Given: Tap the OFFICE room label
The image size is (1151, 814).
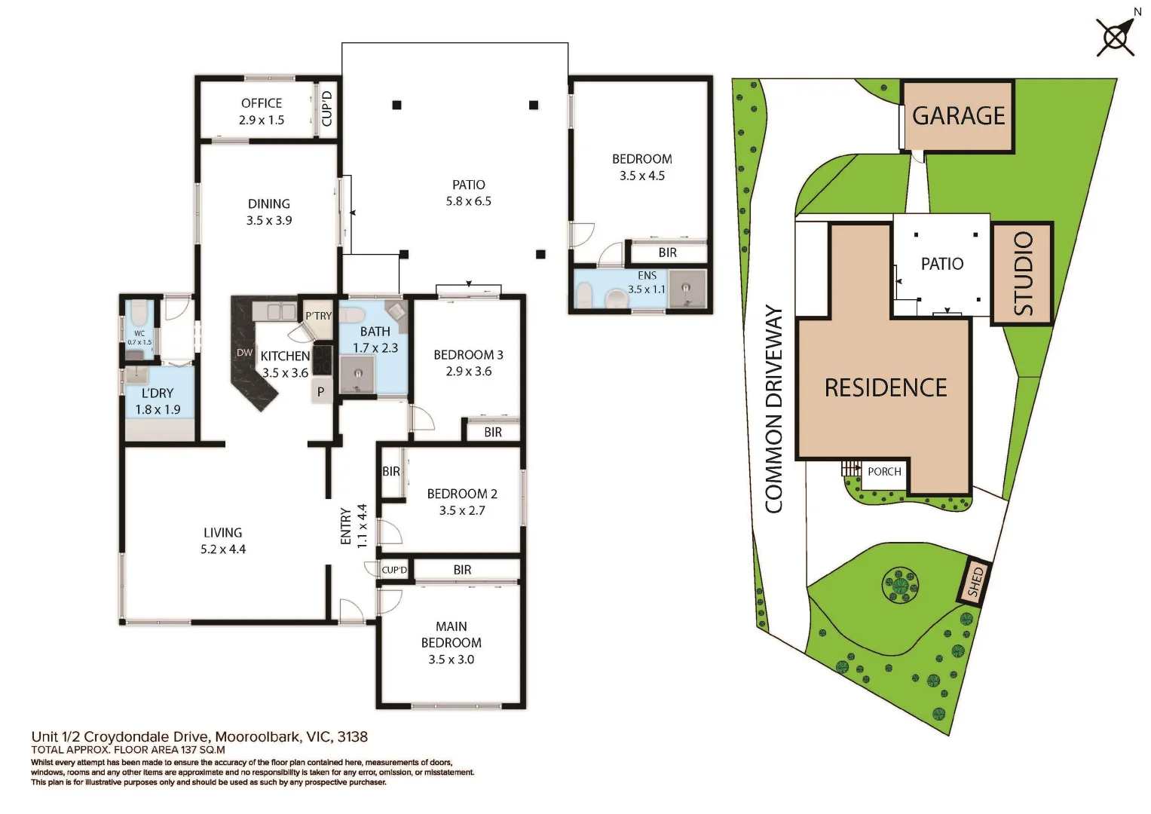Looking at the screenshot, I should (x=262, y=103).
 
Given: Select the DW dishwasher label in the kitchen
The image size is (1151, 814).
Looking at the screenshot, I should (x=244, y=353).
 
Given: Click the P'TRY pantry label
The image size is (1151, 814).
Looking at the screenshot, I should (x=318, y=316).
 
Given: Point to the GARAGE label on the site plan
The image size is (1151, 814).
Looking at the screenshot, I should (x=958, y=116).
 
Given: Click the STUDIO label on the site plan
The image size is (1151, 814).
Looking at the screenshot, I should (x=1022, y=273).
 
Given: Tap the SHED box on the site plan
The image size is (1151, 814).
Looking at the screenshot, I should (x=975, y=582).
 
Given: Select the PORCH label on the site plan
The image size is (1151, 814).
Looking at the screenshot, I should (x=883, y=472).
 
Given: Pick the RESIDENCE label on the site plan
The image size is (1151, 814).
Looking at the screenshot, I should (x=885, y=387).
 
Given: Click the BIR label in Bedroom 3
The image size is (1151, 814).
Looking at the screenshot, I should (x=493, y=432).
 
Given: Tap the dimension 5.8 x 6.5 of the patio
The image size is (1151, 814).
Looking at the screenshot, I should (x=468, y=201).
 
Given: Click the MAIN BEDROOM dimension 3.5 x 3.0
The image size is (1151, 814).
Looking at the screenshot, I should (x=451, y=659).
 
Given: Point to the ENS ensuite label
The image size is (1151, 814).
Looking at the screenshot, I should (x=647, y=276).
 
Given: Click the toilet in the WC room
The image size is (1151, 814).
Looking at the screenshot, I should (x=139, y=312).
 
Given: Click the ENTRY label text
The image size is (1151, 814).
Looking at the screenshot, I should (x=346, y=525).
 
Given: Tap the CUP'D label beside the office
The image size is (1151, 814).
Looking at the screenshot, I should (x=326, y=109).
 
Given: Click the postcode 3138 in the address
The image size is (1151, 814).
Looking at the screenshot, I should (x=352, y=737).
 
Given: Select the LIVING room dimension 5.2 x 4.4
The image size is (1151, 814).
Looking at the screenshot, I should (x=222, y=549).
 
